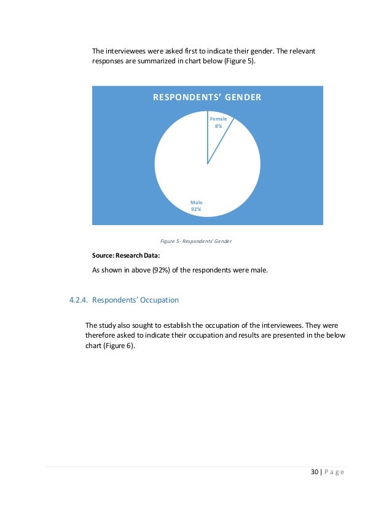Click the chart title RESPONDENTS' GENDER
[207, 97]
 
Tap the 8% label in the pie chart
[218, 126]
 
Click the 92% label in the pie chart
[196, 210]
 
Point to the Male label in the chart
[196, 202]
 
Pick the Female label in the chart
[218, 119]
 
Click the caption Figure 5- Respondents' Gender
[195, 241]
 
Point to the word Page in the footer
[334, 472]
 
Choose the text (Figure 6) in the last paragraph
[120, 346]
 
